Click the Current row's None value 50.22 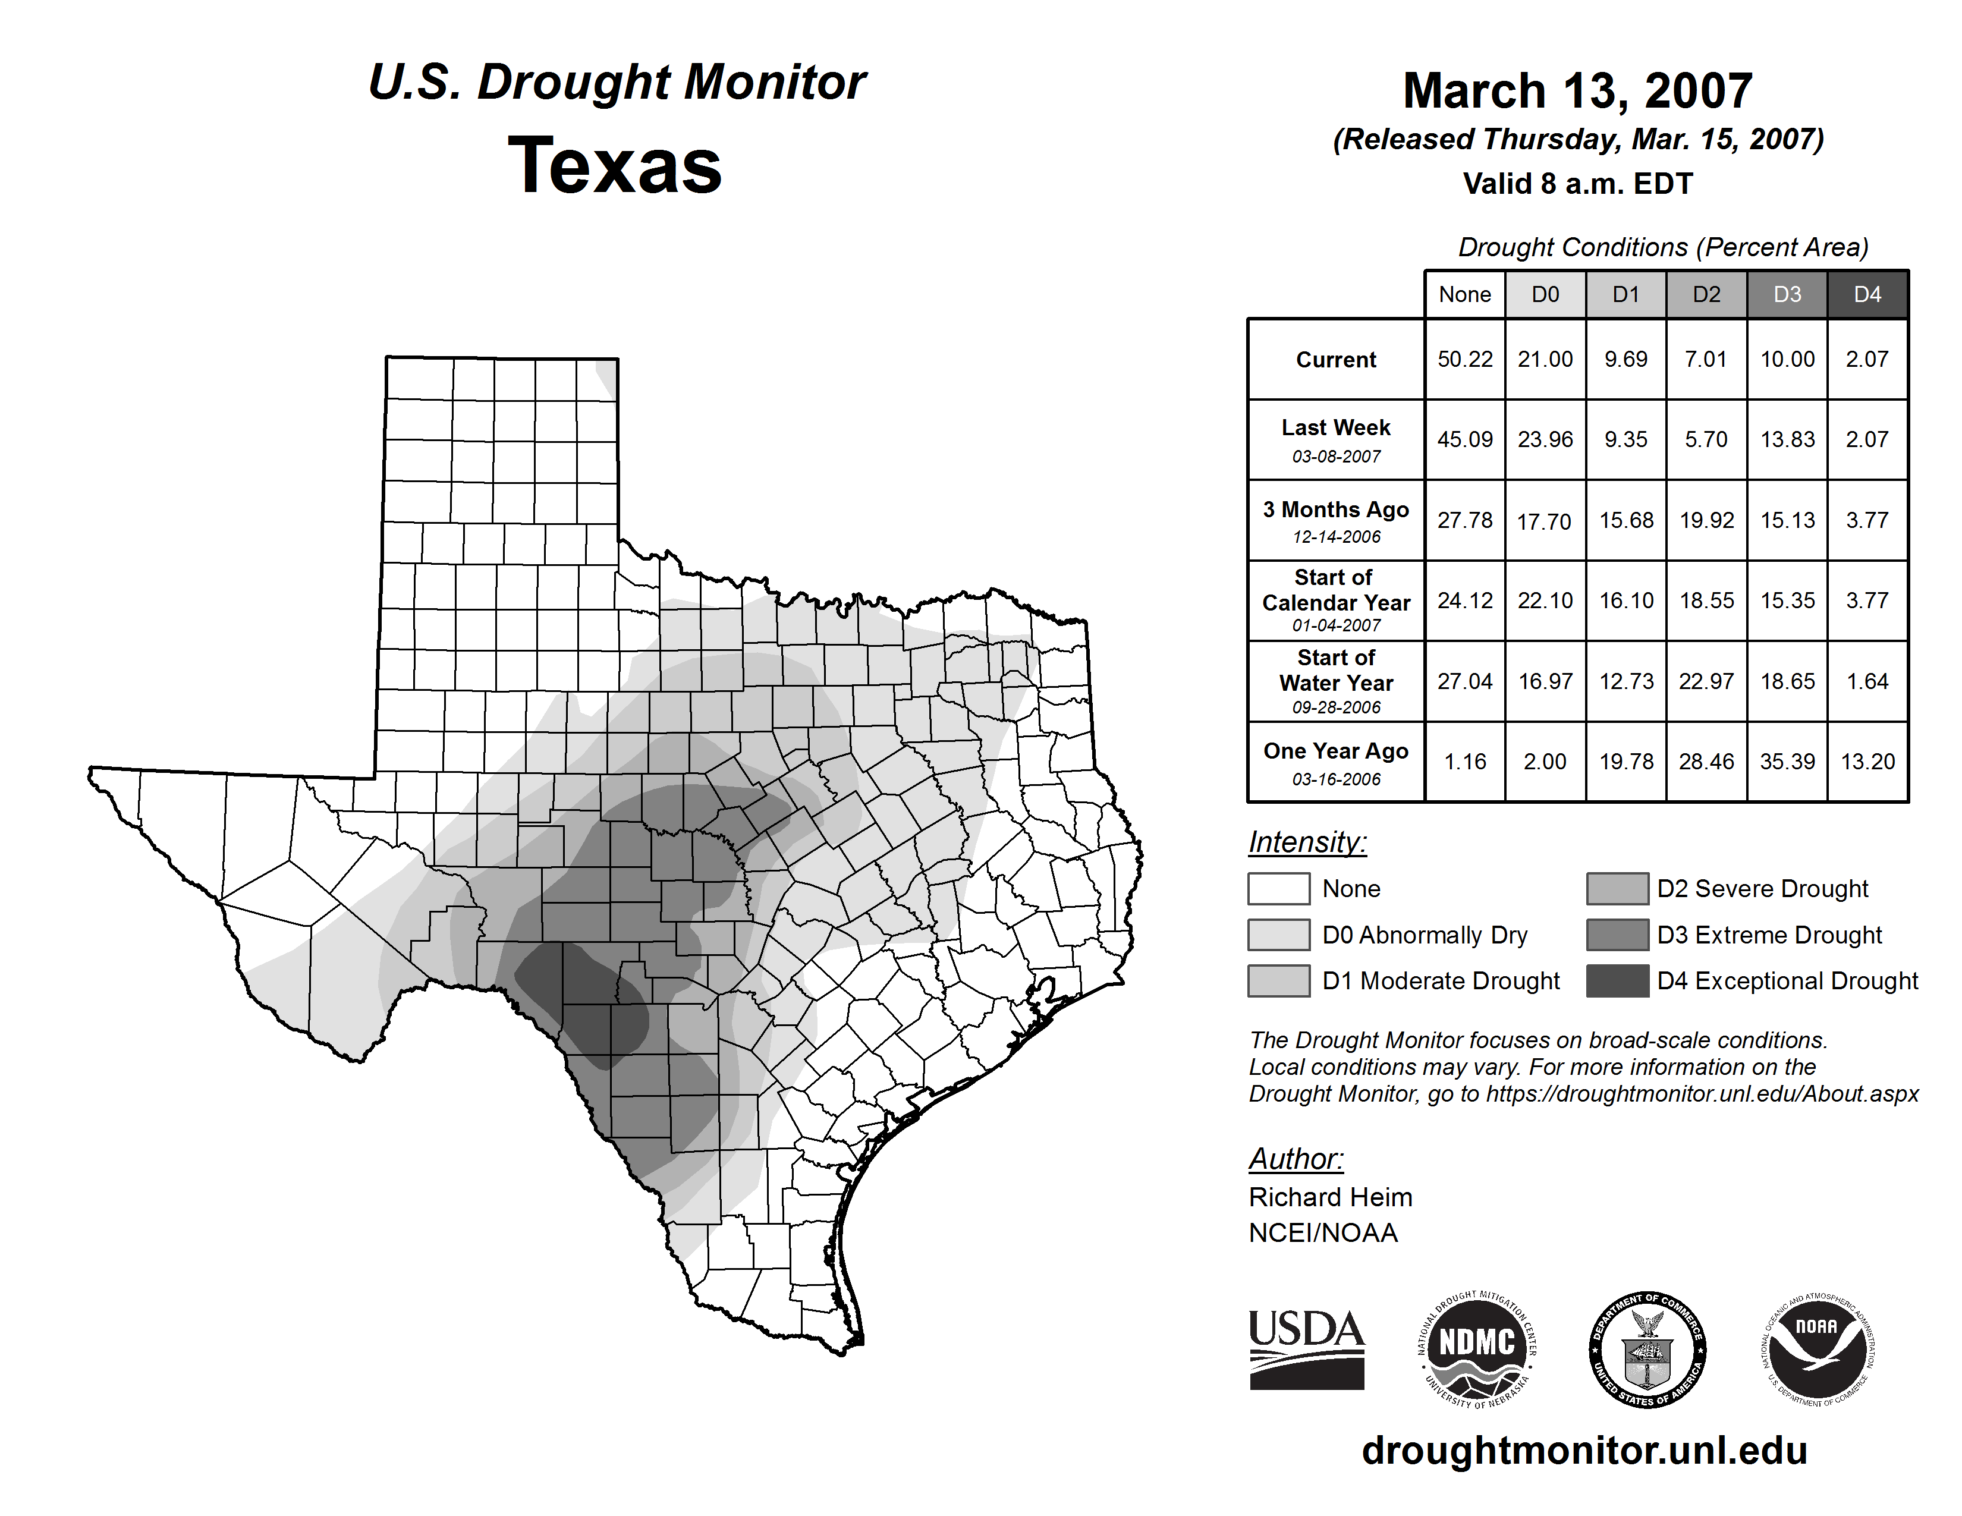tap(1464, 359)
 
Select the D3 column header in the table tap(1787, 294)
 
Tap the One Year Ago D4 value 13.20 tap(1867, 762)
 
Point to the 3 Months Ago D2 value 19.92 tap(1706, 520)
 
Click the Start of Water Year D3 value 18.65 tap(1787, 682)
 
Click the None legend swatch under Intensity tap(1278, 888)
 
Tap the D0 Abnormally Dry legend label tap(1425, 935)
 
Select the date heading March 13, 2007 tap(1577, 91)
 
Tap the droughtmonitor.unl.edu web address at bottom tap(1584, 1451)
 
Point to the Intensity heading tap(1307, 842)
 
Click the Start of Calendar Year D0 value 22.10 tap(1545, 600)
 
